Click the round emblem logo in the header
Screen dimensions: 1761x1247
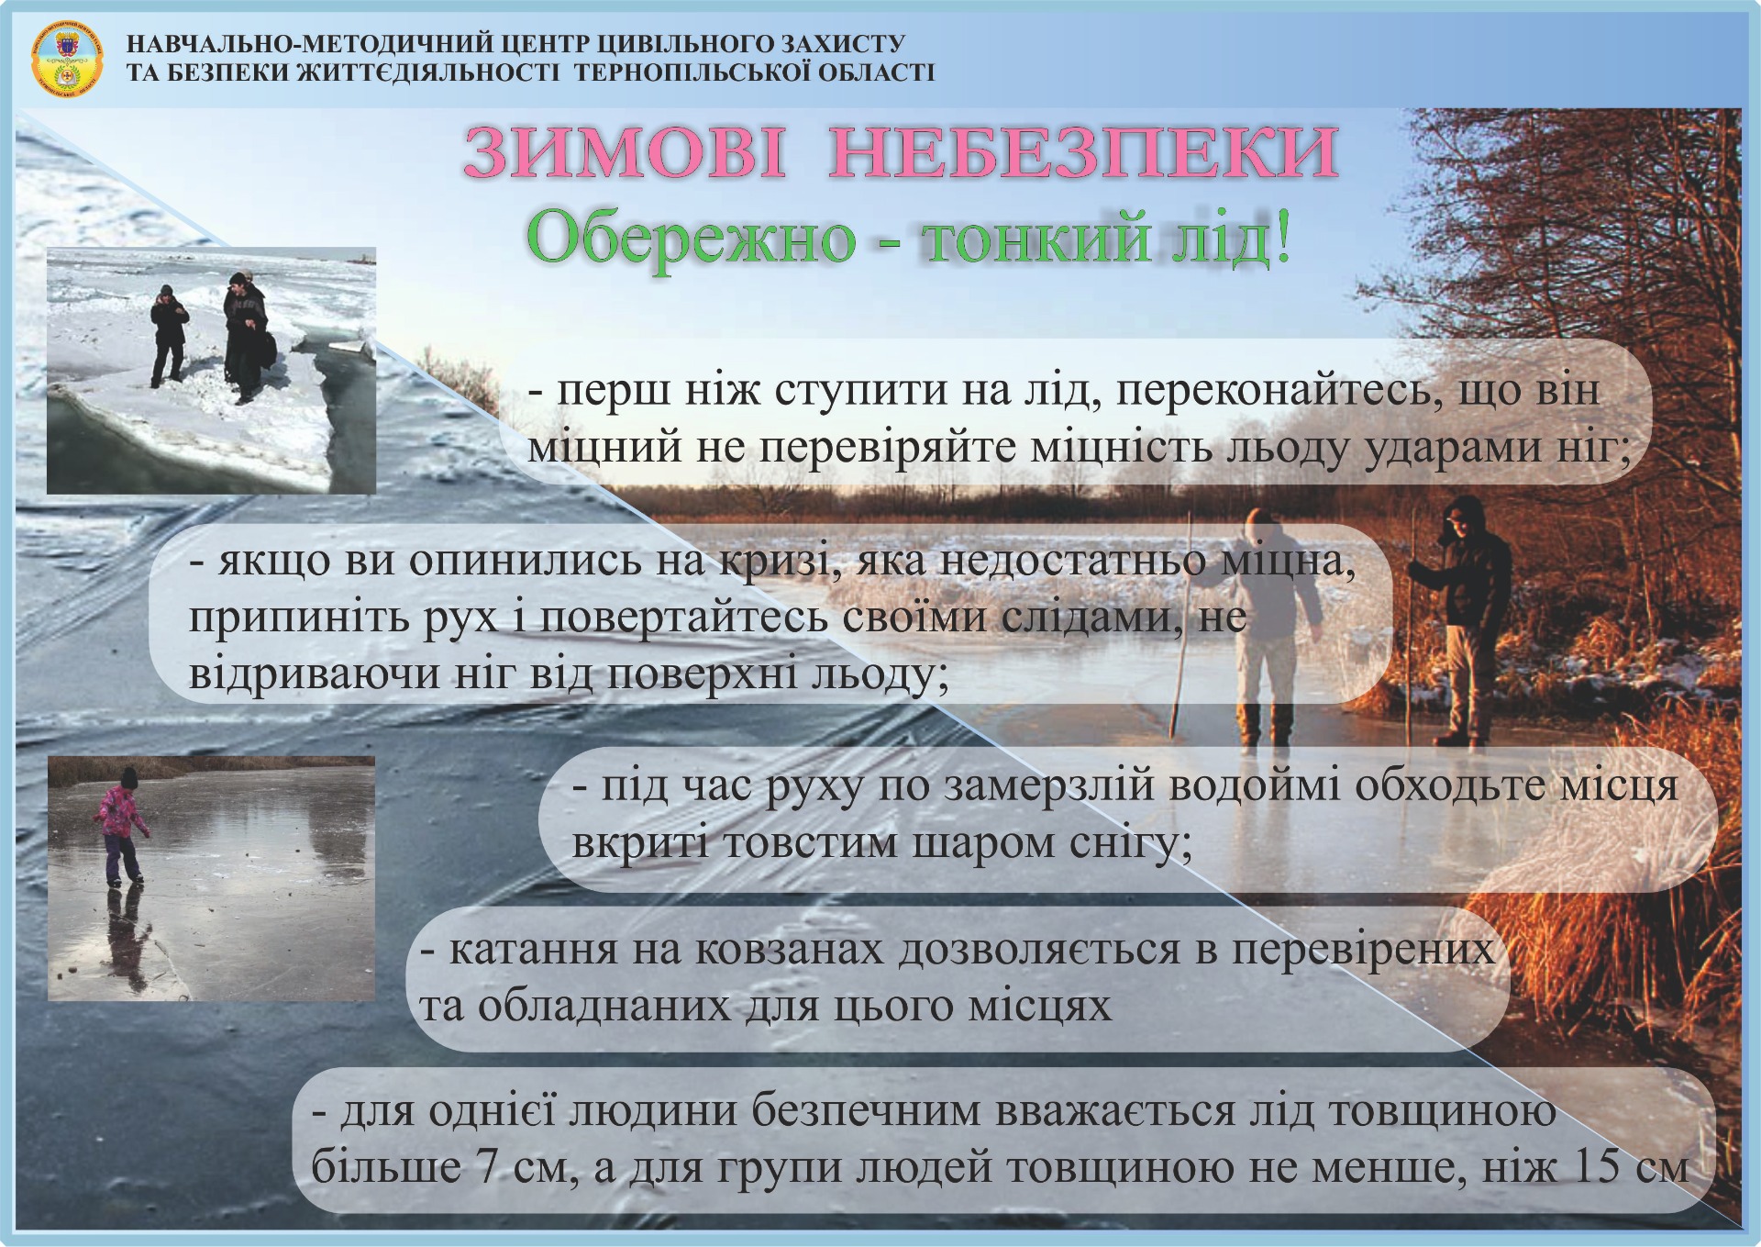67,60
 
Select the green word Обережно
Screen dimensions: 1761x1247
692,240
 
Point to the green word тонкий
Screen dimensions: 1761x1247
1036,240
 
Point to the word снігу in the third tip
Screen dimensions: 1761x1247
1131,844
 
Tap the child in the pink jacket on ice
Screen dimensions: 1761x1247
121,827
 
